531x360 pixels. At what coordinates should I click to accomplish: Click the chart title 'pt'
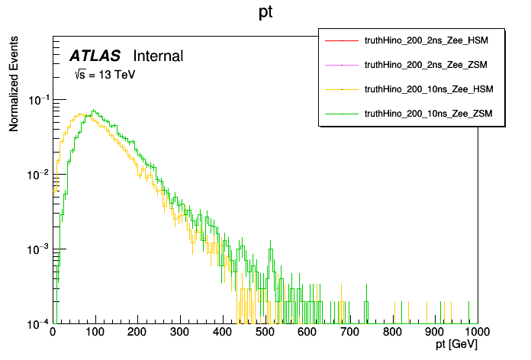point(266,13)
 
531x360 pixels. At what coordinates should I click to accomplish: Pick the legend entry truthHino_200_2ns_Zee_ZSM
point(429,66)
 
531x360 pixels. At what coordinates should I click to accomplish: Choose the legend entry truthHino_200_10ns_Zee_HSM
point(430,89)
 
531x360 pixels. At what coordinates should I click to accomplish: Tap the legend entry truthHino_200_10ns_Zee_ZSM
point(430,113)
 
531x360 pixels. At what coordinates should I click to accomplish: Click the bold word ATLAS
point(95,56)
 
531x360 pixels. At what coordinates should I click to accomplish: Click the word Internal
point(158,56)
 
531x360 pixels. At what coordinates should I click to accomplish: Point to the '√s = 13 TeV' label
point(104,75)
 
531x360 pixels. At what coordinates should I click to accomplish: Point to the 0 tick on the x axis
point(53,332)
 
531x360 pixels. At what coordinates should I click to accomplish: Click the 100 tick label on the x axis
point(95,332)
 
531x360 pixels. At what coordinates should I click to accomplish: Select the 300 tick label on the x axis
point(180,332)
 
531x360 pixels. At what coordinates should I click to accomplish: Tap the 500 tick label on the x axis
point(265,332)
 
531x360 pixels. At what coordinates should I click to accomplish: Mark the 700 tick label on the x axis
point(350,332)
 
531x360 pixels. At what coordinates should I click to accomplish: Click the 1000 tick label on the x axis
point(475,332)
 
